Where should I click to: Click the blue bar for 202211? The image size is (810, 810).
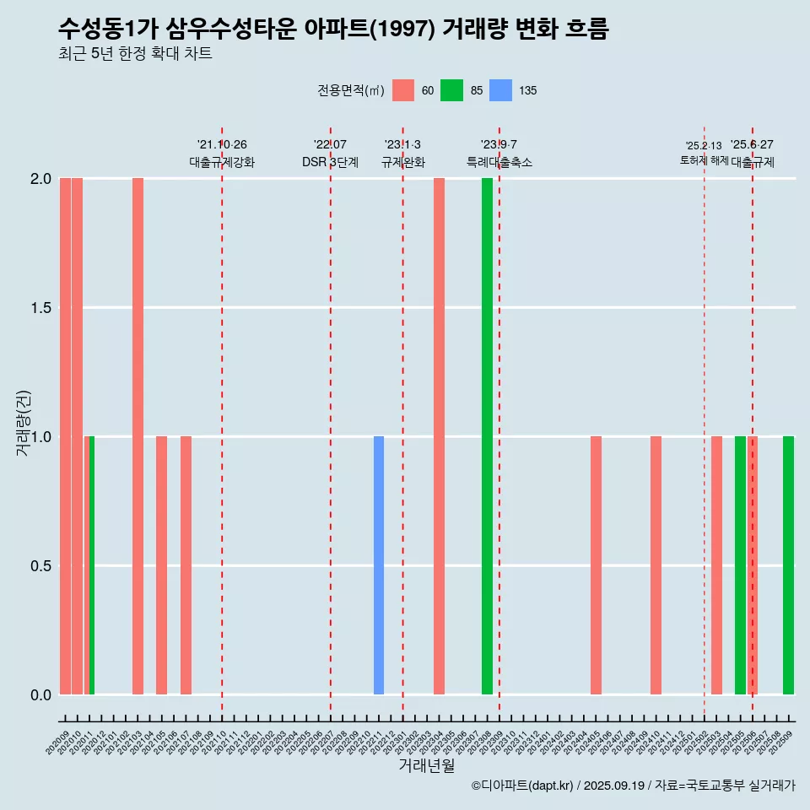[x=379, y=565]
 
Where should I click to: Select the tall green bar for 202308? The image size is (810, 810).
[x=487, y=436]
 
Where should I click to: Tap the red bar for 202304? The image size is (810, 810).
[x=439, y=436]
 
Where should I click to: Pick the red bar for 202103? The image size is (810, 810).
[x=138, y=436]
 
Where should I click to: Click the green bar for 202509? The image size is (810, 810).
[x=788, y=565]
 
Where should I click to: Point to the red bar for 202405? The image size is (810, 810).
[x=596, y=565]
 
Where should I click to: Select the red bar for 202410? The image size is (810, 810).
[x=656, y=565]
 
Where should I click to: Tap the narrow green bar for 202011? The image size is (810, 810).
[x=92, y=565]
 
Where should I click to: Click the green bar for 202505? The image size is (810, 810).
[x=740, y=565]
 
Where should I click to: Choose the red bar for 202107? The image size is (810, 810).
[x=186, y=565]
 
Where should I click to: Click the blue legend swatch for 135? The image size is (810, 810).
[x=501, y=90]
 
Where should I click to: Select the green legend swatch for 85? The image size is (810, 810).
[x=452, y=90]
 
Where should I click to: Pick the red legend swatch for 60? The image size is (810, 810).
[x=403, y=90]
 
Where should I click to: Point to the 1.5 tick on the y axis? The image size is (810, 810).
[x=40, y=308]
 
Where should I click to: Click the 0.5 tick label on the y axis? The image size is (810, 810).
[x=40, y=565]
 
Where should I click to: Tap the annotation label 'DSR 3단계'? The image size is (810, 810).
[x=330, y=162]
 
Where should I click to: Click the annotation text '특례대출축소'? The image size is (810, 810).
[x=499, y=162]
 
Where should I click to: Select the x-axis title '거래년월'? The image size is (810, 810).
[x=426, y=766]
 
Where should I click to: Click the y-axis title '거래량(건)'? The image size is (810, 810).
[x=24, y=423]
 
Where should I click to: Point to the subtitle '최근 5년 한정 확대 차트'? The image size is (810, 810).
[x=135, y=54]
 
